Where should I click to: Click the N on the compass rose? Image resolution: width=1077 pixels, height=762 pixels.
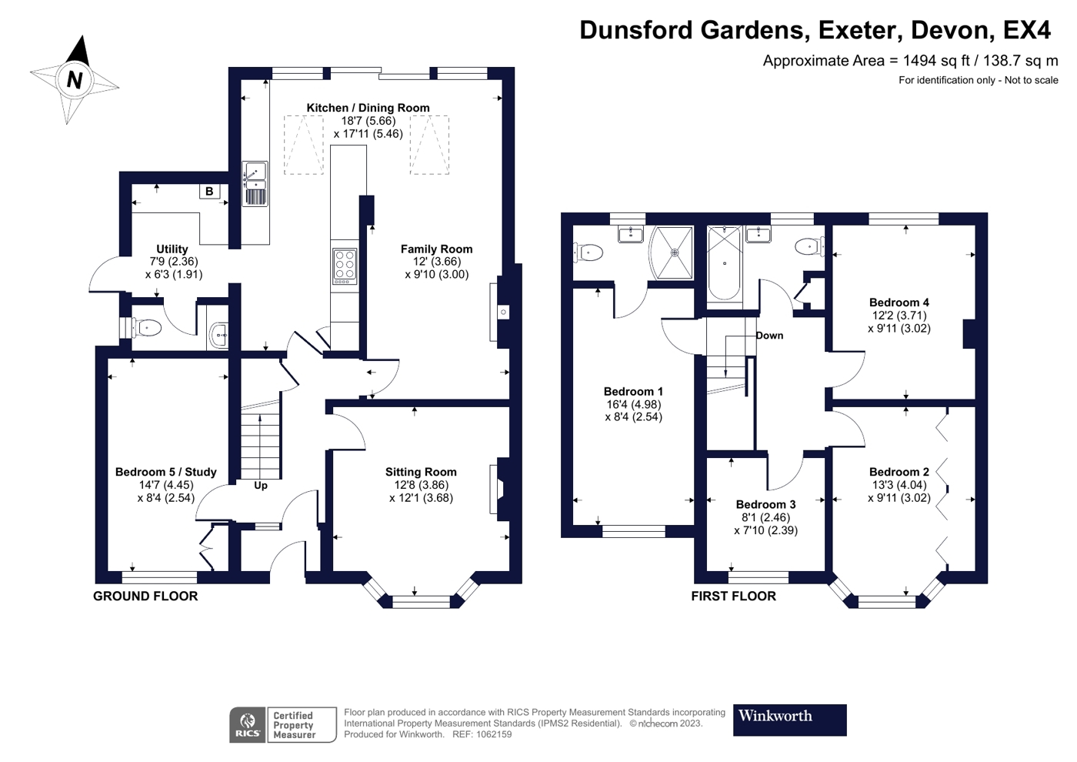[x=75, y=79]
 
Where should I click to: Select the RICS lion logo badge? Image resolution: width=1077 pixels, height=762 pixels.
[x=248, y=724]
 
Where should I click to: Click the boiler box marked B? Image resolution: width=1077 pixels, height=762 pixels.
[x=209, y=192]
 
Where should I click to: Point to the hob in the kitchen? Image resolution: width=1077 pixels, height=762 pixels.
[x=345, y=266]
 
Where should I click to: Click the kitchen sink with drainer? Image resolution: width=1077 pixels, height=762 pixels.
[x=255, y=184]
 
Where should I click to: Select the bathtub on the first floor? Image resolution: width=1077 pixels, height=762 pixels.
[x=725, y=263]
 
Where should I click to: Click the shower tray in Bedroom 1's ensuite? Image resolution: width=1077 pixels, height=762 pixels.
[x=671, y=252]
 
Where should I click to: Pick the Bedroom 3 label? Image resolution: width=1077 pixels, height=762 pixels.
[x=765, y=505]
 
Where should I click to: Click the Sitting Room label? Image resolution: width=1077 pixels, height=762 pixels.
[x=421, y=472]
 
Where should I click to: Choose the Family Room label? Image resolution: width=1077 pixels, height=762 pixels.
[x=437, y=249]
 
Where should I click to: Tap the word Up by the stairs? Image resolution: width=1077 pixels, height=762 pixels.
[x=261, y=486]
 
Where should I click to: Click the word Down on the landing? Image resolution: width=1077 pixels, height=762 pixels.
[x=769, y=336]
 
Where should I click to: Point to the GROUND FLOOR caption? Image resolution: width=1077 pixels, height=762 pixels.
[x=145, y=596]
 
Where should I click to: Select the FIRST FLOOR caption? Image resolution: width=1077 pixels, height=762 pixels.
[x=734, y=596]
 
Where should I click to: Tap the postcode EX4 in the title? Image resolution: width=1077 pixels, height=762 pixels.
[x=1026, y=30]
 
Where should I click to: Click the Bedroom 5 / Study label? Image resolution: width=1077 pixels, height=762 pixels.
[x=166, y=472]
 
